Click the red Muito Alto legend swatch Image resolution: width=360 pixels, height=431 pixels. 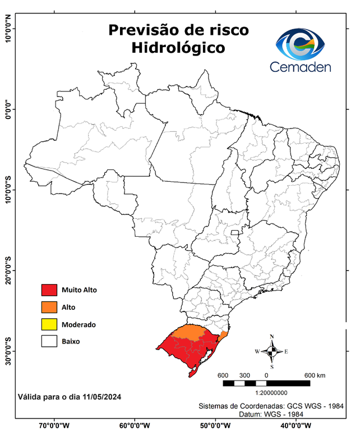point(49,290)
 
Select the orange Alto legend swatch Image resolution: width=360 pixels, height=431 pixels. point(49,307)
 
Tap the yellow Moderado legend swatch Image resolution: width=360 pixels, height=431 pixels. point(49,324)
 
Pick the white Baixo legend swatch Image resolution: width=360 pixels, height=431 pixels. point(49,341)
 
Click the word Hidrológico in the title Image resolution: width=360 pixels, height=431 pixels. point(178,48)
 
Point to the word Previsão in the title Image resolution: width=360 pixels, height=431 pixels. point(143,29)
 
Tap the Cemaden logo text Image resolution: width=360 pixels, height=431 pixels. point(301,67)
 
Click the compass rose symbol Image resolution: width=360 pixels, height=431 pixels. point(271,351)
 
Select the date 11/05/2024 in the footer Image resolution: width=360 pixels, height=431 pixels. point(101,397)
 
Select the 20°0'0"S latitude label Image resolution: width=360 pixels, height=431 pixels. point(8,271)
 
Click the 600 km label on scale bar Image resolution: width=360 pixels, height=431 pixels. point(314,375)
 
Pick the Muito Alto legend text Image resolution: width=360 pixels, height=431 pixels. point(80,290)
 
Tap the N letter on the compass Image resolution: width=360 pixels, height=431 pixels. point(272,337)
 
